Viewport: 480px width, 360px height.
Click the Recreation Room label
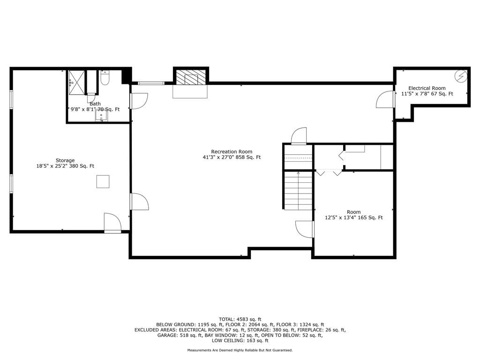click(x=232, y=151)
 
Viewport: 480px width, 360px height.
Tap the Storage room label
click(x=65, y=160)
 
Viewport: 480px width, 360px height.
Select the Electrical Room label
click(x=427, y=88)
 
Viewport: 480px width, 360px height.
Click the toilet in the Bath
click(x=105, y=78)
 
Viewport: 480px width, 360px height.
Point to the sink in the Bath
click(x=101, y=116)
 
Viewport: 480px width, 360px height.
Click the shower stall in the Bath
click(x=76, y=82)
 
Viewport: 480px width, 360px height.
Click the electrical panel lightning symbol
click(x=461, y=75)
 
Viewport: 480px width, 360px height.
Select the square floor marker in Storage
click(x=103, y=181)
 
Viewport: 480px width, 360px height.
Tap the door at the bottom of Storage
click(x=112, y=223)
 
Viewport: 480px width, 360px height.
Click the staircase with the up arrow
click(x=299, y=190)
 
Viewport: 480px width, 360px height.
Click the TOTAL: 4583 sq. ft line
click(x=240, y=319)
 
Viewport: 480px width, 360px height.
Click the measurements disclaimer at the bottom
click(x=240, y=350)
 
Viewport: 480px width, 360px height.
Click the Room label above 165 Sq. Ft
click(x=353, y=212)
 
